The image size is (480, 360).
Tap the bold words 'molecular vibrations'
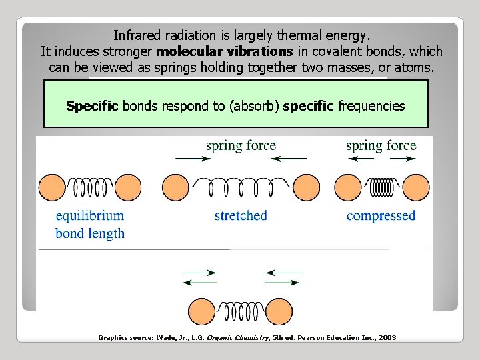(x=224, y=51)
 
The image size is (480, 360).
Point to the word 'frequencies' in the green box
(x=371, y=106)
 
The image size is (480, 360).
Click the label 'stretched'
(x=241, y=215)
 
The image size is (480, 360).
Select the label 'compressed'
(x=381, y=215)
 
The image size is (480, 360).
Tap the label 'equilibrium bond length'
(x=90, y=225)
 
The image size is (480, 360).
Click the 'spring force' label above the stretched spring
(x=241, y=145)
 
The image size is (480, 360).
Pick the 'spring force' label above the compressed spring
(x=381, y=145)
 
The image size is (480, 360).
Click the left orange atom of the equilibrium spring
(x=51, y=187)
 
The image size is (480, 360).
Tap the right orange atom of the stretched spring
(x=306, y=187)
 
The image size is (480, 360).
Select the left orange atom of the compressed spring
(x=346, y=187)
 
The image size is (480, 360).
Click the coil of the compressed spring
(x=381, y=187)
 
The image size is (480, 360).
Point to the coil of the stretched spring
(x=241, y=187)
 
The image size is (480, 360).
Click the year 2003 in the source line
(x=387, y=338)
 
